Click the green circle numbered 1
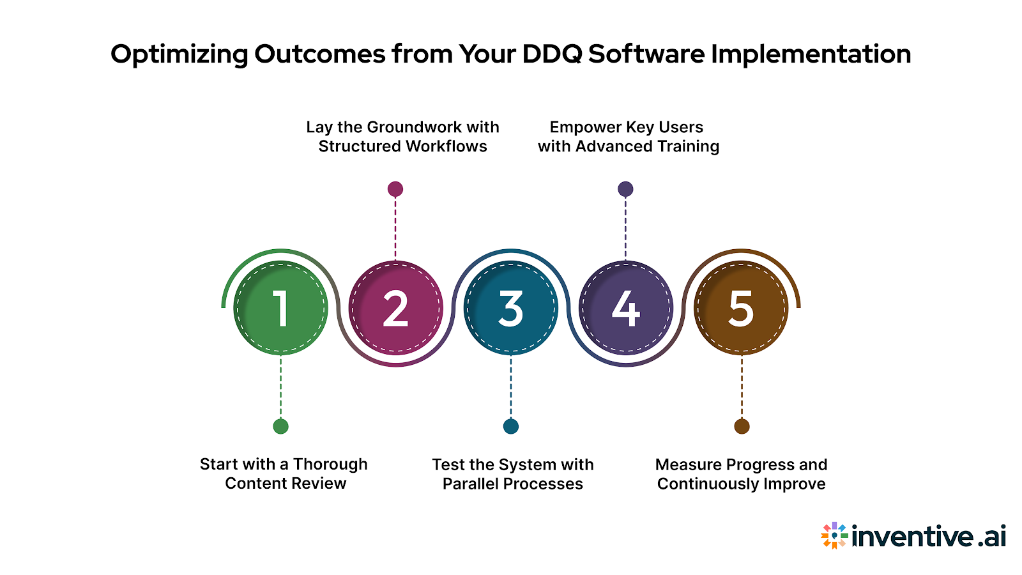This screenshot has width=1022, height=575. pyautogui.click(x=280, y=308)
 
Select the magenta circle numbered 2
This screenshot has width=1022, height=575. pyautogui.click(x=395, y=308)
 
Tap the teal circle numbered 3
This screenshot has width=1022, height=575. pyautogui.click(x=510, y=308)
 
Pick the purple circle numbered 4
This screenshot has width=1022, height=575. pyautogui.click(x=625, y=308)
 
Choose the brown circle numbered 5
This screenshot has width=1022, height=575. pyautogui.click(x=741, y=308)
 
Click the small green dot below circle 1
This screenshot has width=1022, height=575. pyautogui.click(x=280, y=426)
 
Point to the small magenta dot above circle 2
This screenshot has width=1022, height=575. pyautogui.click(x=395, y=189)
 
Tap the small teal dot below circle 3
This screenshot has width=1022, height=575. pyautogui.click(x=510, y=426)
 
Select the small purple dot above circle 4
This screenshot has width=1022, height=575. pyautogui.click(x=625, y=189)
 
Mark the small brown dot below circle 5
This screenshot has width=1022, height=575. pyautogui.click(x=742, y=426)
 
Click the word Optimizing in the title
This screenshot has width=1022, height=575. pyautogui.click(x=179, y=54)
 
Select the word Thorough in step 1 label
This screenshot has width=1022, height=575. pyautogui.click(x=330, y=464)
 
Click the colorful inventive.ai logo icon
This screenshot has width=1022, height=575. pyautogui.click(x=834, y=535)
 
